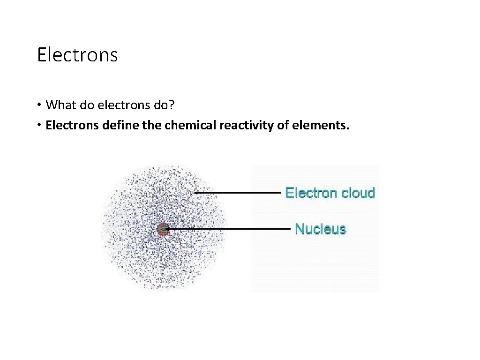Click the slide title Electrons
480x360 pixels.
77,55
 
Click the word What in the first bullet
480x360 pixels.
60,105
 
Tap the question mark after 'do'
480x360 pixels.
172,105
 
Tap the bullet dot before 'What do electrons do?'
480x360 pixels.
40,105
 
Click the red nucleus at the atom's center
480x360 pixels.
163,229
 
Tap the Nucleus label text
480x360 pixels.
320,229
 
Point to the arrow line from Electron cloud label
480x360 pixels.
239,192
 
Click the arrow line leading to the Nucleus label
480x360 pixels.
230,229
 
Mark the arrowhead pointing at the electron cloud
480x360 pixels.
196,192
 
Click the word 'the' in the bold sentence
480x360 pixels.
150,126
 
